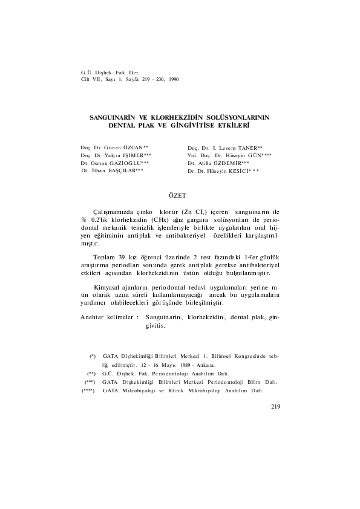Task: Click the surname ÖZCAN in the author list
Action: point(136,148)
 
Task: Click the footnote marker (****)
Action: point(90,391)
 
